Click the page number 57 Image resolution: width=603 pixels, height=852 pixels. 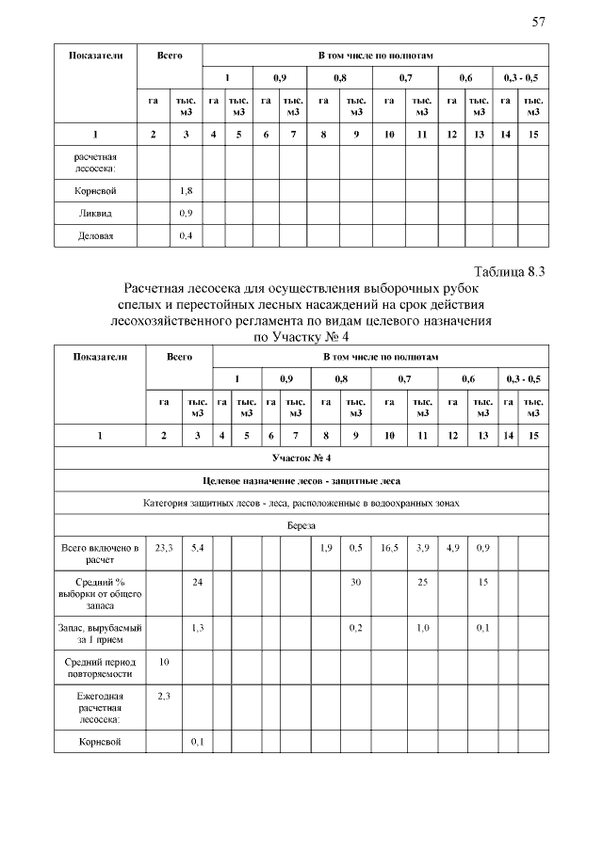click(x=539, y=23)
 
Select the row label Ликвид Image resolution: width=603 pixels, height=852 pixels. click(x=95, y=213)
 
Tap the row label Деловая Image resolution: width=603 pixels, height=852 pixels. click(x=95, y=235)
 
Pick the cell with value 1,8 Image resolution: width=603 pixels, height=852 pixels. click(x=187, y=190)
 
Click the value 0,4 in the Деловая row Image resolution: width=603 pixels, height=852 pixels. click(x=187, y=235)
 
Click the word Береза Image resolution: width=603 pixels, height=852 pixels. click(x=301, y=526)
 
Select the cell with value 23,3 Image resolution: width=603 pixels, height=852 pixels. click(x=164, y=547)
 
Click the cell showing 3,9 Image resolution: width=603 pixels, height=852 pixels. click(x=423, y=547)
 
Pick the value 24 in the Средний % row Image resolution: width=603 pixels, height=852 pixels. click(x=197, y=583)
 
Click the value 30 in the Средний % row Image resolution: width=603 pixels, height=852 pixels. click(x=356, y=583)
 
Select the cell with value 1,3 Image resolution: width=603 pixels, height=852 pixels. click(x=197, y=627)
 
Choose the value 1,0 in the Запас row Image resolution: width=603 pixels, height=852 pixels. click(x=423, y=627)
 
